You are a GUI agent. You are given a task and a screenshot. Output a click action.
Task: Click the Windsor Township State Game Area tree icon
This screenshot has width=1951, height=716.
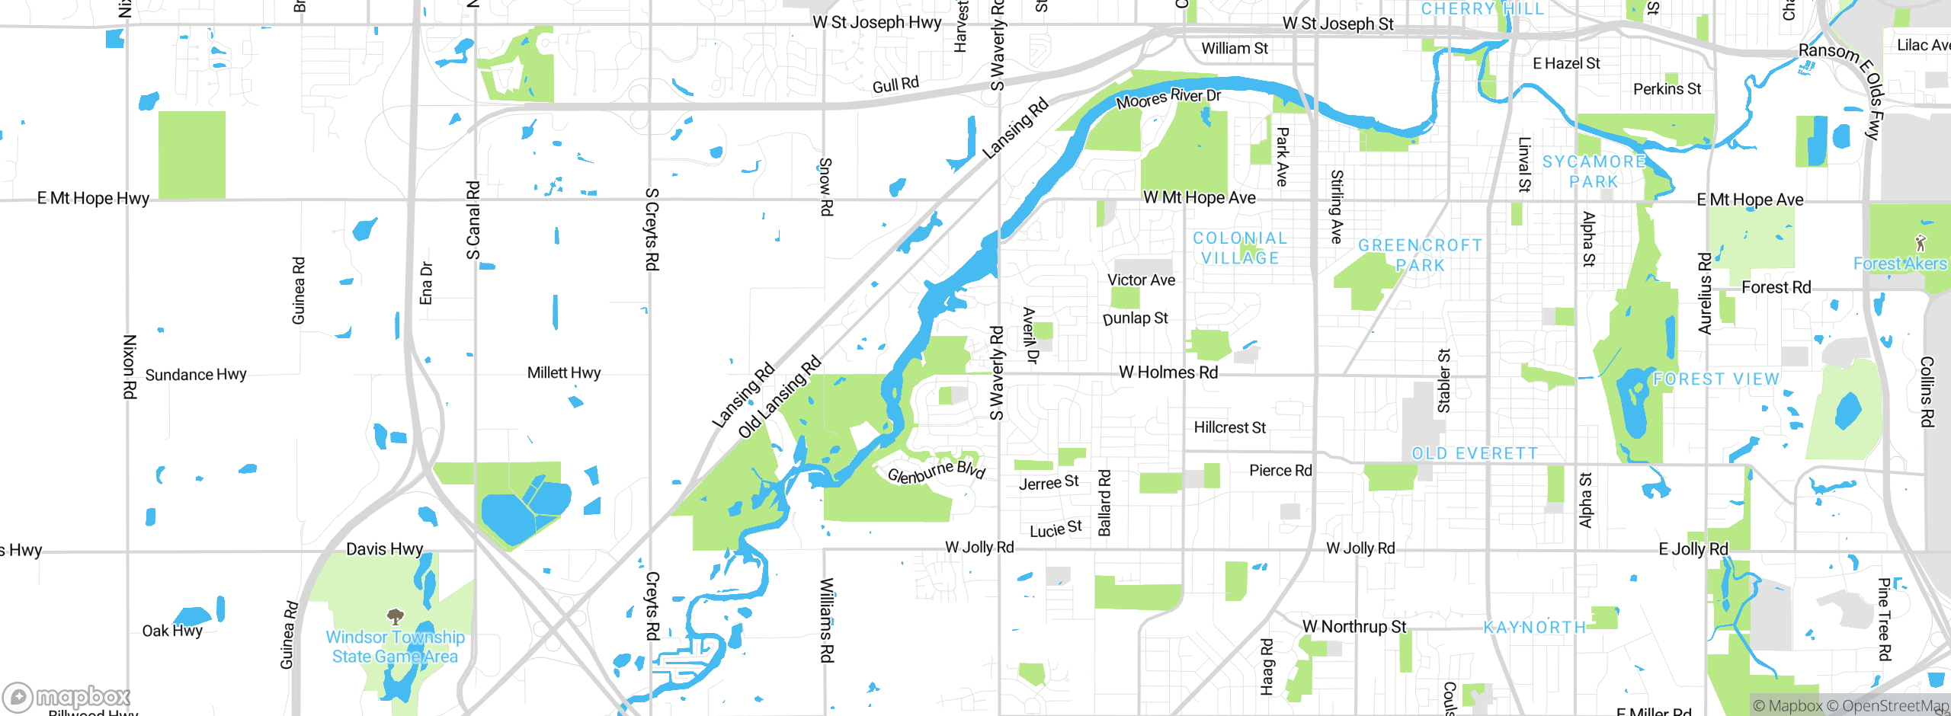395,615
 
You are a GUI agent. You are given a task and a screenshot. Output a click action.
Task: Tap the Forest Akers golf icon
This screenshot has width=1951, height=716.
1921,243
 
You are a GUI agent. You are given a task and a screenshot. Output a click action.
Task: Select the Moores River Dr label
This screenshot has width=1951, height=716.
1168,98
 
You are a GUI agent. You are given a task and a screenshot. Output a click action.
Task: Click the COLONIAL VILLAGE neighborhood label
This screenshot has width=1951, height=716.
1240,248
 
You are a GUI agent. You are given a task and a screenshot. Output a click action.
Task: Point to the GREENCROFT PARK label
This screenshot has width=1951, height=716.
1421,255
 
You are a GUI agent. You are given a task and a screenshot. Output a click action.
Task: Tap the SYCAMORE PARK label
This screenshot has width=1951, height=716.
1594,171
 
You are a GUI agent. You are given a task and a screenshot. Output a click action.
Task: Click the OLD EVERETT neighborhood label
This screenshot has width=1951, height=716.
1475,453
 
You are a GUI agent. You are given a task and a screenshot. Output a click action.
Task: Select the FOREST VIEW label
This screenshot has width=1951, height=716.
1716,379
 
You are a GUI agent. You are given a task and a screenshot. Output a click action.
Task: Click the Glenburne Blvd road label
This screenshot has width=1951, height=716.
937,472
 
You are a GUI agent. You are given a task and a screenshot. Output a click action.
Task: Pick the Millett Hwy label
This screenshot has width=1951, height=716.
564,372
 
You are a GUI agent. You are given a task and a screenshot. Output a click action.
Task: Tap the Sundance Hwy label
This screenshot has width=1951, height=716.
196,375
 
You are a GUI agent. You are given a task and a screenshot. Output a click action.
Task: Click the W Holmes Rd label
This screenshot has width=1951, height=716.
1168,372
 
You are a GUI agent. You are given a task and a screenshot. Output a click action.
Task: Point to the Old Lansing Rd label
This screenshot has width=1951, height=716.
779,397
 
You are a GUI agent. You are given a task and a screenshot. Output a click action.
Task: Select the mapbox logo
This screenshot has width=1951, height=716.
67,696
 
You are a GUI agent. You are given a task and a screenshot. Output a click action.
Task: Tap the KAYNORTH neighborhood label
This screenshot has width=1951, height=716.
1534,627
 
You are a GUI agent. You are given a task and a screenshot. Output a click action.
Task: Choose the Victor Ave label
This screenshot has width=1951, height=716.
1141,280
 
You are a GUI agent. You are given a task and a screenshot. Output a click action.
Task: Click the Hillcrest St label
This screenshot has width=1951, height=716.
1229,427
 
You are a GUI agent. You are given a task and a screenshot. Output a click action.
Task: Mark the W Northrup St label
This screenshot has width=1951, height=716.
1354,626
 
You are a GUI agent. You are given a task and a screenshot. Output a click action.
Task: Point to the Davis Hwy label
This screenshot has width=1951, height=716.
384,549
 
